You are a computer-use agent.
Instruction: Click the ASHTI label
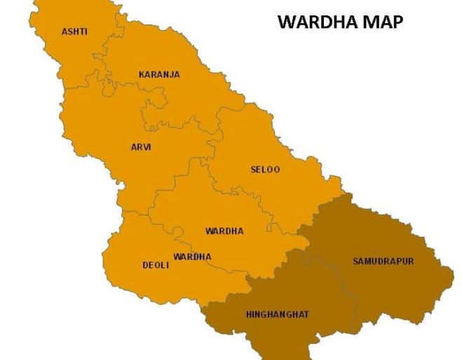point(75,32)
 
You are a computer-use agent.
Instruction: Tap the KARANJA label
point(159,74)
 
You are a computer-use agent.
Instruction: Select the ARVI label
point(141,147)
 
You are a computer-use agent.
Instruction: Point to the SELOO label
point(265,169)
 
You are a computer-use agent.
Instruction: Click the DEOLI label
point(156,265)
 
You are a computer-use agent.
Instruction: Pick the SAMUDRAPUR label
point(383,261)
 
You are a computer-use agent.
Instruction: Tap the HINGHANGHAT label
point(278,314)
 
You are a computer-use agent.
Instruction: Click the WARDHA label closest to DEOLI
point(192,256)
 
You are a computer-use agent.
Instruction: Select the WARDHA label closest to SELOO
point(224,231)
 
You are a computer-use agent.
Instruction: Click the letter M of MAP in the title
point(371,22)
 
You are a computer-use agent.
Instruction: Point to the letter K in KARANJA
point(142,74)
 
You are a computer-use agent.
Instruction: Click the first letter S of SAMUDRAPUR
point(355,261)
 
